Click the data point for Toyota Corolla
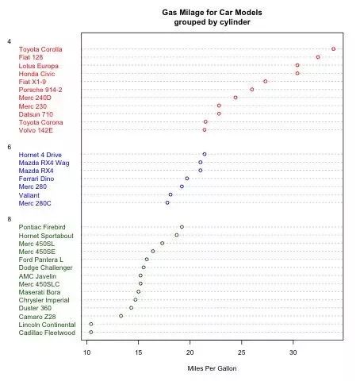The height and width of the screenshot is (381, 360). tap(333, 49)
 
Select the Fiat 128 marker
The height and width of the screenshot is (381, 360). tap(318, 57)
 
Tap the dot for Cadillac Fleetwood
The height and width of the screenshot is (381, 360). tap(91, 332)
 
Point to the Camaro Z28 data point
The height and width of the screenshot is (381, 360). tap(121, 316)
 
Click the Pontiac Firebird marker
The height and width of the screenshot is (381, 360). tap(182, 227)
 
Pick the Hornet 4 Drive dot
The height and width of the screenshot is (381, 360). tap(205, 154)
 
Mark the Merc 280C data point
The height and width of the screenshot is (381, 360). tap(167, 203)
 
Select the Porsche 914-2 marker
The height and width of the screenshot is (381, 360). tap(252, 90)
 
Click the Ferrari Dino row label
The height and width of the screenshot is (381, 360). tap(36, 179)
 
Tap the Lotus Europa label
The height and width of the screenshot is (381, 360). tap(38, 66)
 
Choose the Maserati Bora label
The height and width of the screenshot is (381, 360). tap(40, 292)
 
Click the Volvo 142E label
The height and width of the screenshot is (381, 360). tap(36, 130)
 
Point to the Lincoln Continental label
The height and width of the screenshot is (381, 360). tap(47, 325)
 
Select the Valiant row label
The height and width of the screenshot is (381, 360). tap(29, 195)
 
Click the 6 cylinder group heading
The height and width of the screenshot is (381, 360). tap(10, 147)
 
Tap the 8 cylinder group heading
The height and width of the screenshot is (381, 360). tap(10, 219)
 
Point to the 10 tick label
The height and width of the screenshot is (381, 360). tap(86, 352)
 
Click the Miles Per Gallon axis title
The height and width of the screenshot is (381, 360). tap(212, 368)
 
